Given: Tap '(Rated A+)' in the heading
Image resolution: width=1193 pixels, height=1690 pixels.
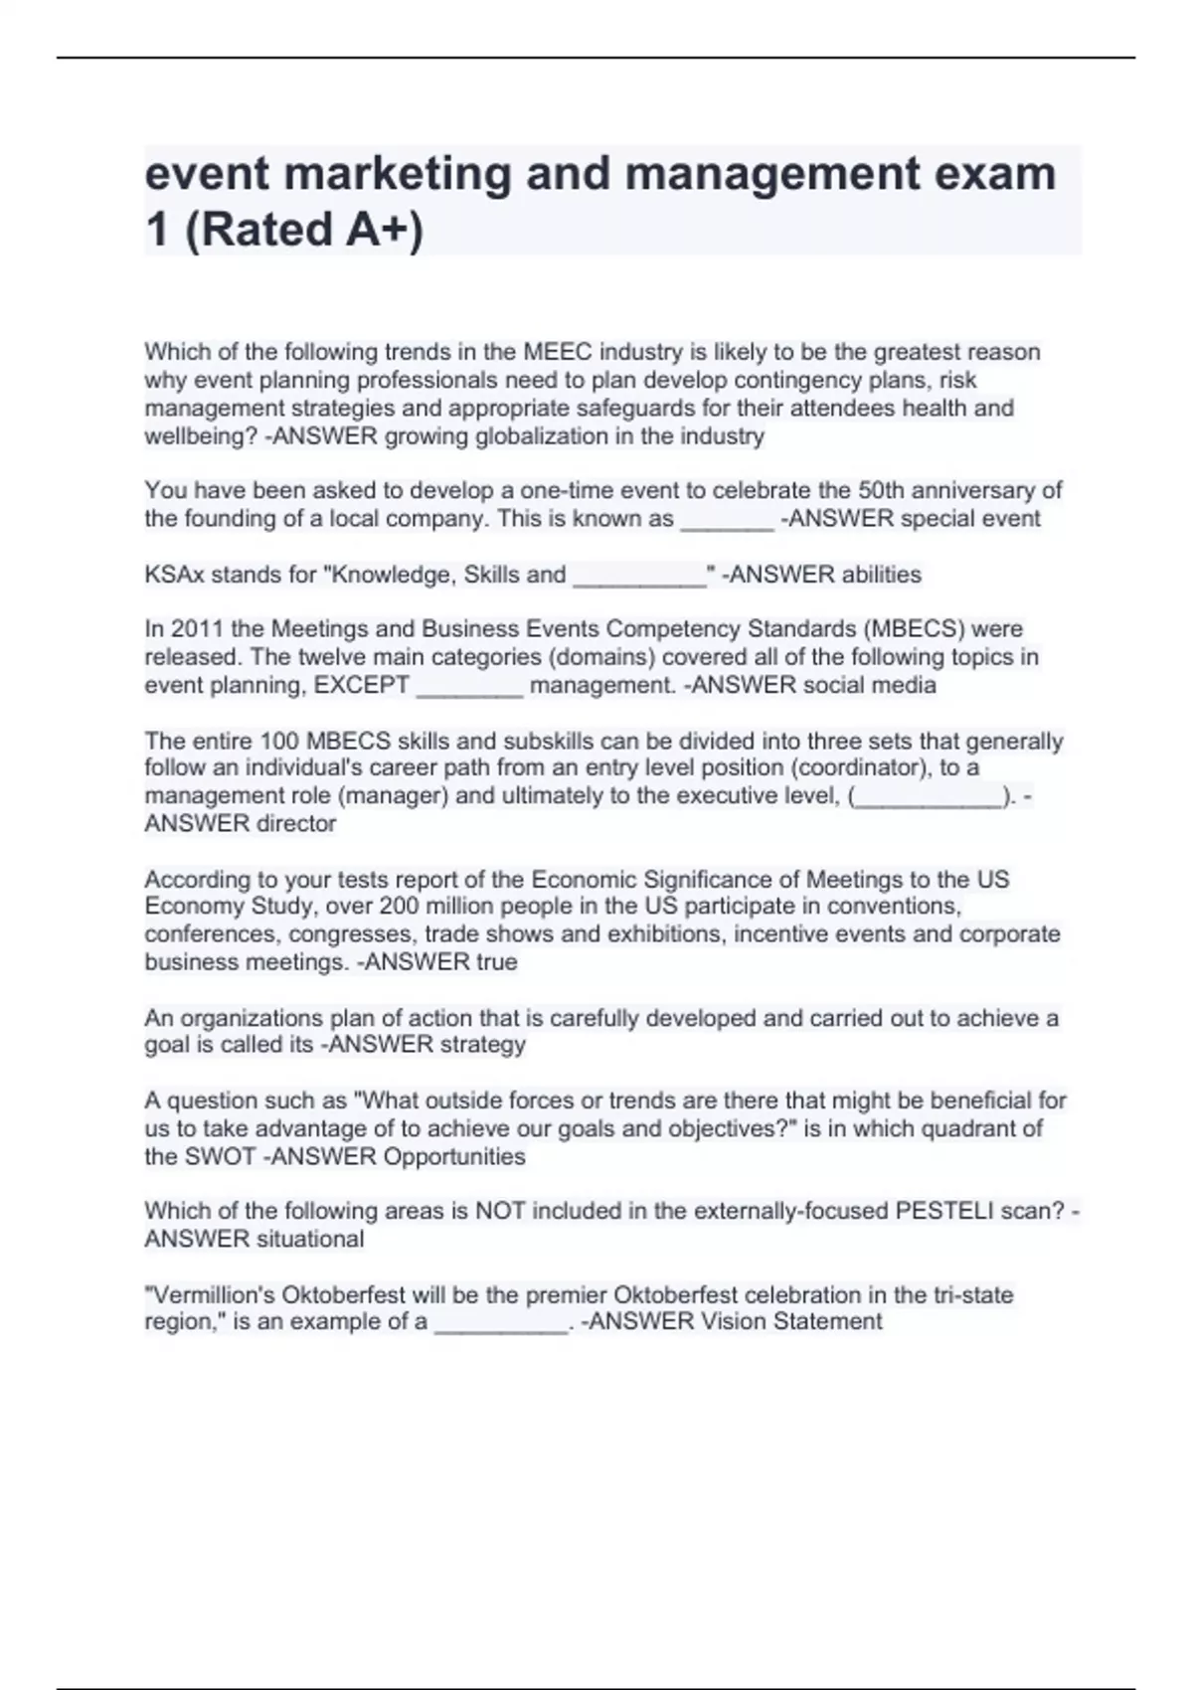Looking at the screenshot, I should [304, 230].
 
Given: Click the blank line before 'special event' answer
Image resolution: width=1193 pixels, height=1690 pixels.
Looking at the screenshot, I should [726, 519].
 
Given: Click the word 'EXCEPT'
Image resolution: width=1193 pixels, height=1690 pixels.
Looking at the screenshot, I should [362, 685].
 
